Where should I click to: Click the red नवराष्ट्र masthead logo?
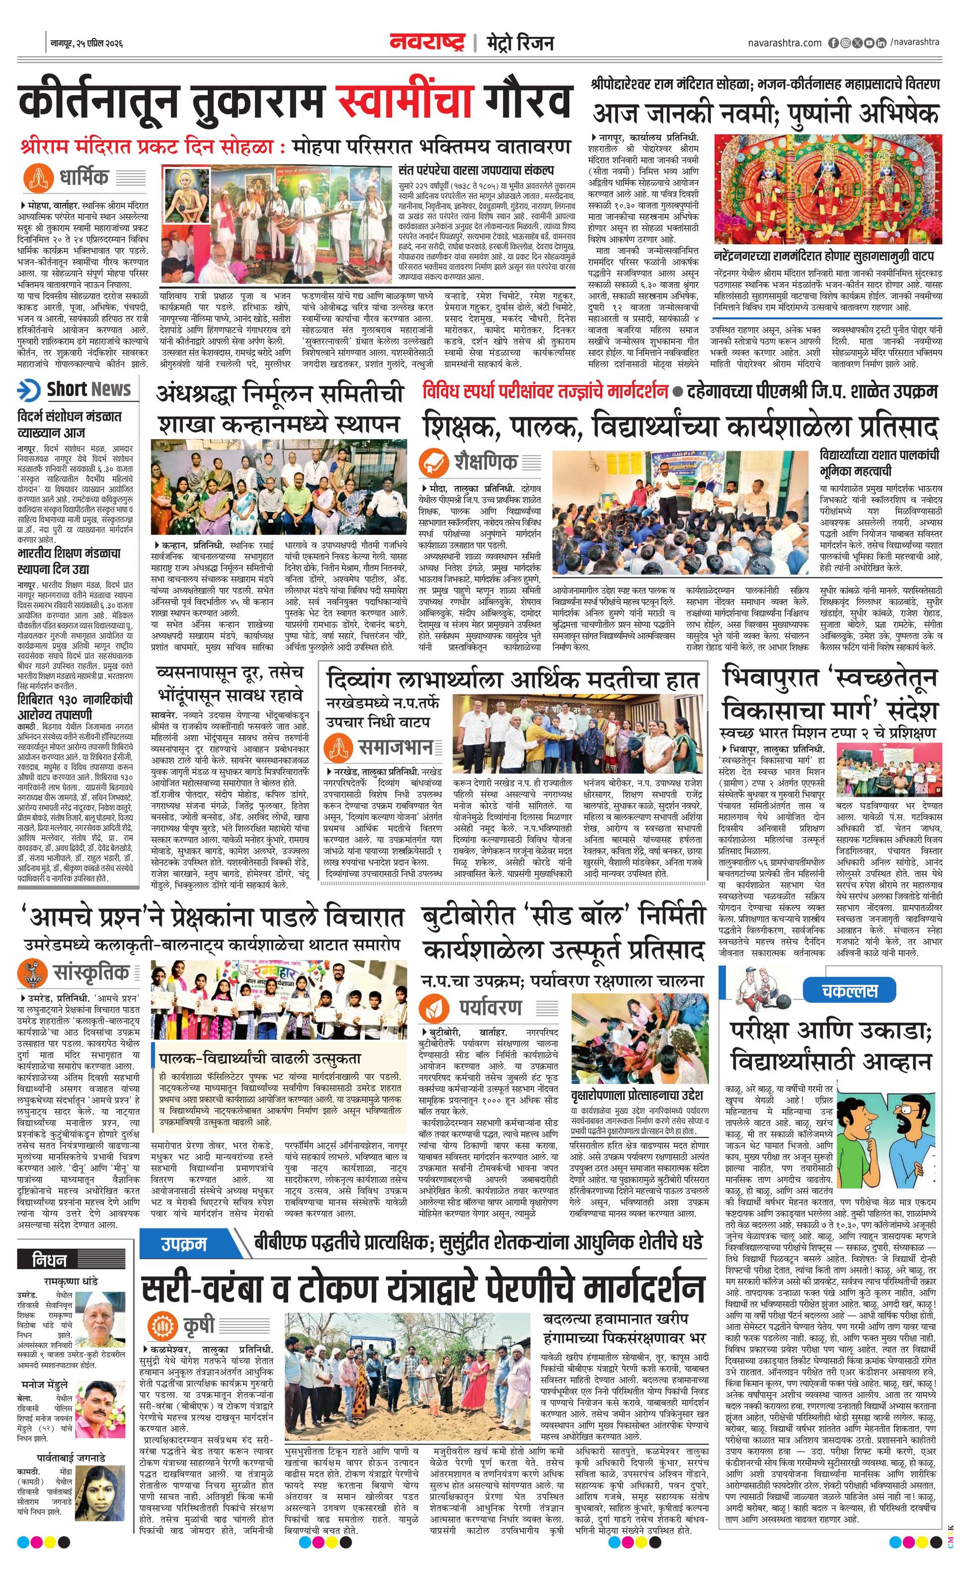426,42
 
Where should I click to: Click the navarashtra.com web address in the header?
784,43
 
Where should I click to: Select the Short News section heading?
88,389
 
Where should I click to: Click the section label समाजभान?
396,747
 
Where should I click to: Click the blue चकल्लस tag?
849,991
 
